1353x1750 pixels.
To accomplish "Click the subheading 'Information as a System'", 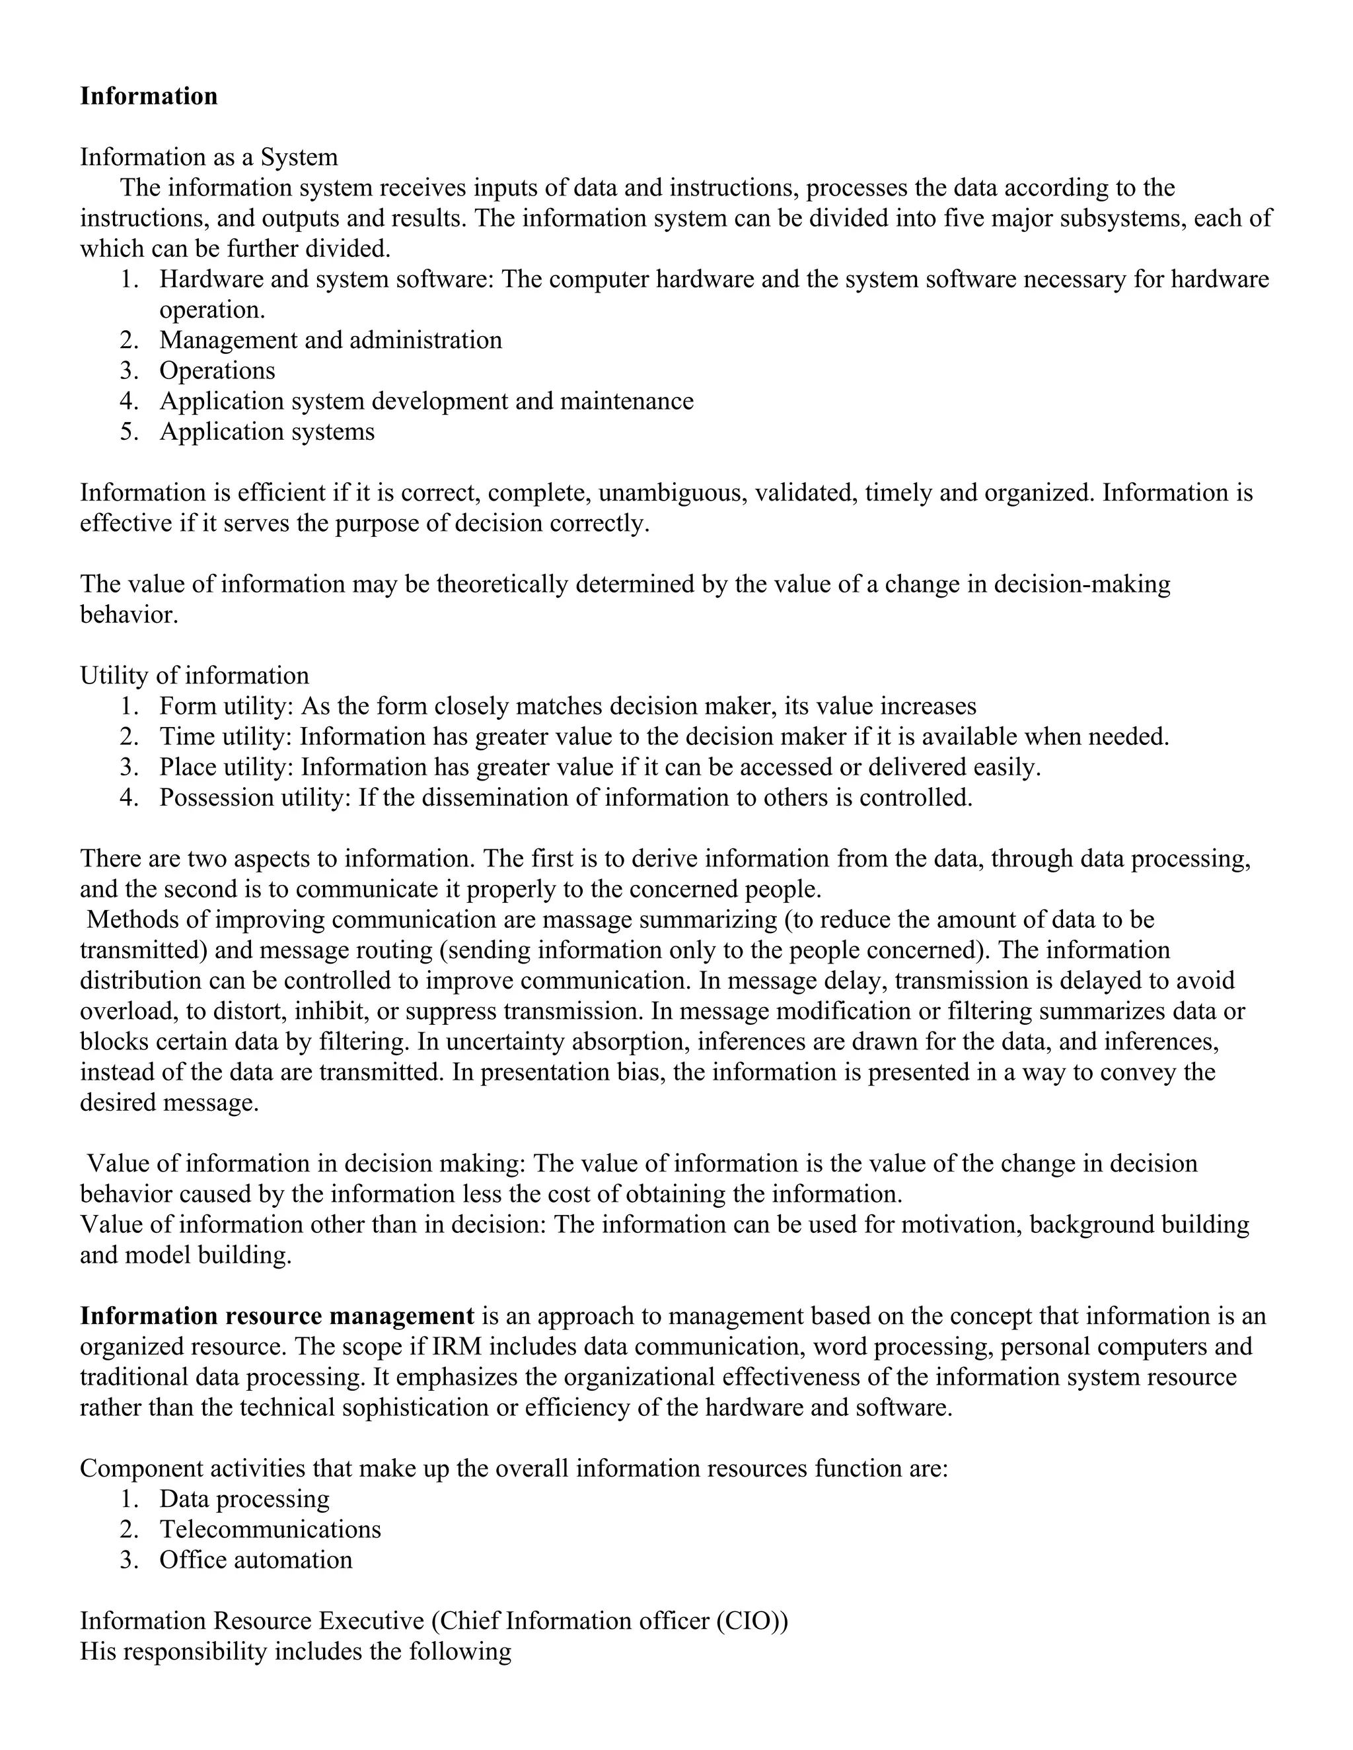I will coord(208,157).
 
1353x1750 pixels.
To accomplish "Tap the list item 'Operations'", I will coord(217,371).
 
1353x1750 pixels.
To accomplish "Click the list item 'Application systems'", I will coord(267,432).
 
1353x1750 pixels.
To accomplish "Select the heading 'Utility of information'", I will coord(194,676).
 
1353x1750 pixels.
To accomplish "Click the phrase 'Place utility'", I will coord(227,767).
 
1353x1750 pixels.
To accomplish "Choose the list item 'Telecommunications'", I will coord(270,1529).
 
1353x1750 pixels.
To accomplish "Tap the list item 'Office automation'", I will coord(256,1560).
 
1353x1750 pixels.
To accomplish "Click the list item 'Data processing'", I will coord(244,1499).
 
